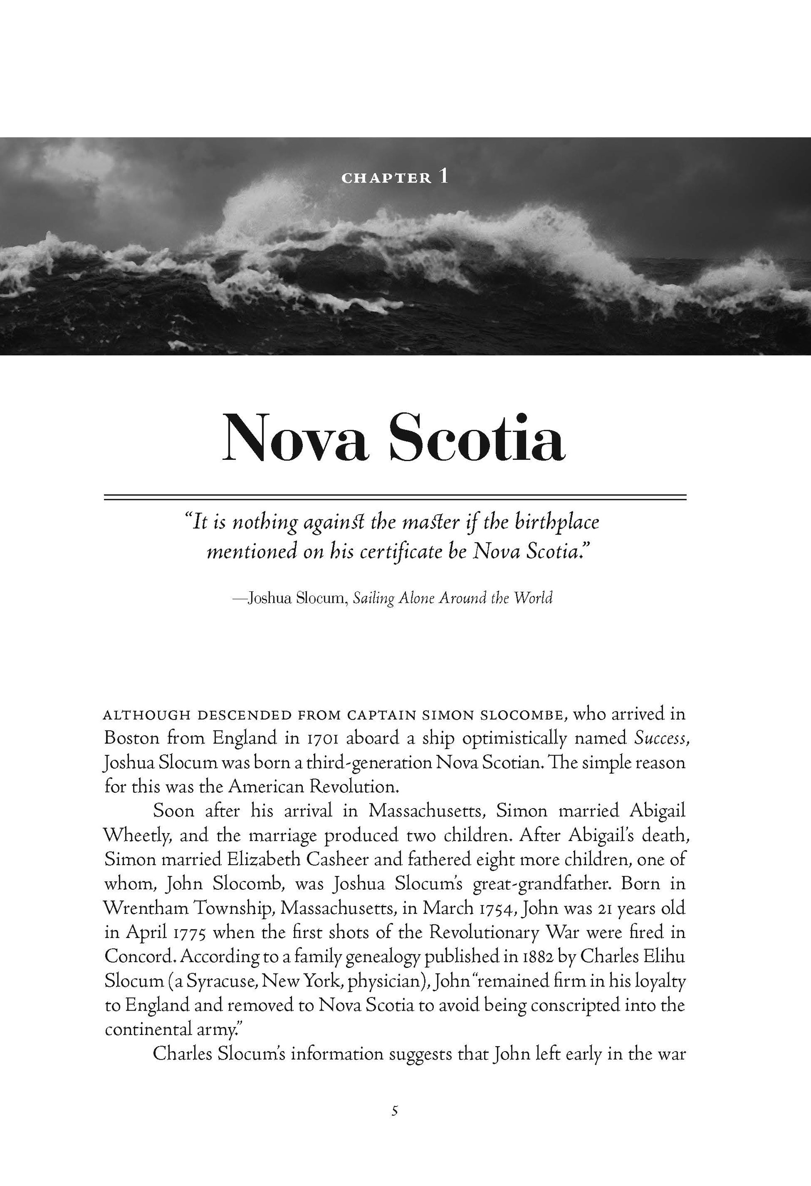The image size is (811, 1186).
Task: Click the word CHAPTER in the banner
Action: coord(386,178)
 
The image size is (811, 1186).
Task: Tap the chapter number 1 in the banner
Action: coord(443,176)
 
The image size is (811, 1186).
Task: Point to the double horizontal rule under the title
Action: coord(395,497)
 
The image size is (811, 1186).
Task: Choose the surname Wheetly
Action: coord(137,836)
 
